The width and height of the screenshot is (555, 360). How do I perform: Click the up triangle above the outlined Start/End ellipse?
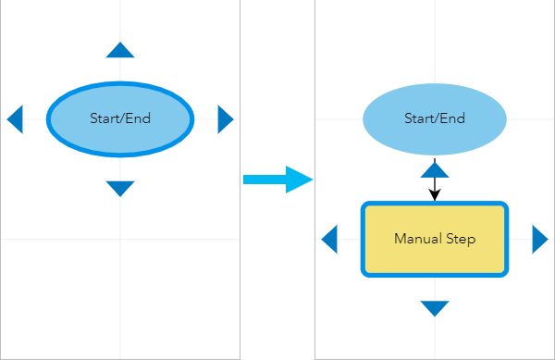tap(120, 51)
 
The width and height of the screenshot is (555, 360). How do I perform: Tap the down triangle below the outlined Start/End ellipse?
tap(120, 188)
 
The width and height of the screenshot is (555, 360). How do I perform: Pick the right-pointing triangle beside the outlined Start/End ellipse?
tap(225, 119)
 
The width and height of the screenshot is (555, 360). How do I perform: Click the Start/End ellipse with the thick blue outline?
tap(120, 139)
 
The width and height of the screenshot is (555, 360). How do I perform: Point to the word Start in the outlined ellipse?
tap(105, 118)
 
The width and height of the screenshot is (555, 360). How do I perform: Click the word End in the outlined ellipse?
tap(139, 118)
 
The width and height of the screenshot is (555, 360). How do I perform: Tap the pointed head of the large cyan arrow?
tap(302, 179)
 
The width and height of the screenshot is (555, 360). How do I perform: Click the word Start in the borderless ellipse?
tap(419, 118)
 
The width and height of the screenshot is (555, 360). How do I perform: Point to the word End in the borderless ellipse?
tap(453, 118)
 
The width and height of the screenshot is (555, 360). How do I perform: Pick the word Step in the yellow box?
tap(460, 239)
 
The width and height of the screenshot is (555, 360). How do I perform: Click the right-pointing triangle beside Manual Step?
tap(539, 240)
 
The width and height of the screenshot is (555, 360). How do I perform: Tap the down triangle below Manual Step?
tap(435, 307)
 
